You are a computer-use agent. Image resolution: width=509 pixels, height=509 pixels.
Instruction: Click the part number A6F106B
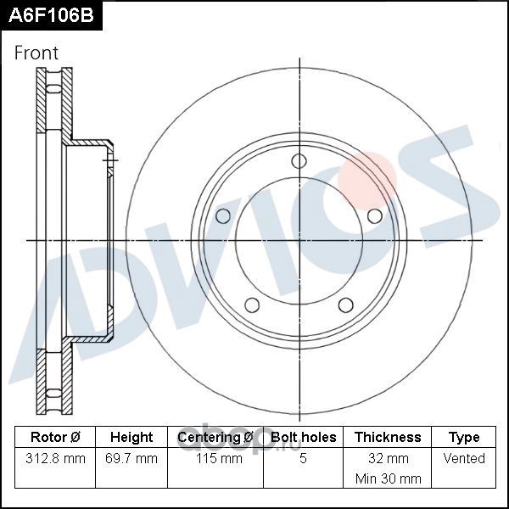point(51,15)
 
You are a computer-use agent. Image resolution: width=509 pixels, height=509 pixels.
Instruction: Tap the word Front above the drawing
point(36,53)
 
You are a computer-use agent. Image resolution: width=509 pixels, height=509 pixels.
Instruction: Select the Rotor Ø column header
point(55,437)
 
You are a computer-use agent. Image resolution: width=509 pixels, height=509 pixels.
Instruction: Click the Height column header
point(131,437)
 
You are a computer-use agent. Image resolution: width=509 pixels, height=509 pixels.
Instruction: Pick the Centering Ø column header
point(215,437)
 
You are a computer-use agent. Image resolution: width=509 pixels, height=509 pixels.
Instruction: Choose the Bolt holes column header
point(303,437)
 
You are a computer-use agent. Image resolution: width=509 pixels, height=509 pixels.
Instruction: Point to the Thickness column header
point(388,437)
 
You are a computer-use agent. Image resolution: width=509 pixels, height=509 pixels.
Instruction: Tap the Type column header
point(464,438)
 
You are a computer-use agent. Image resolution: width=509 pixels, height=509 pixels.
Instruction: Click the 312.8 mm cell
point(55,458)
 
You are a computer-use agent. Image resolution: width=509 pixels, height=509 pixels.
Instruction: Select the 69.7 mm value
point(131,458)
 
